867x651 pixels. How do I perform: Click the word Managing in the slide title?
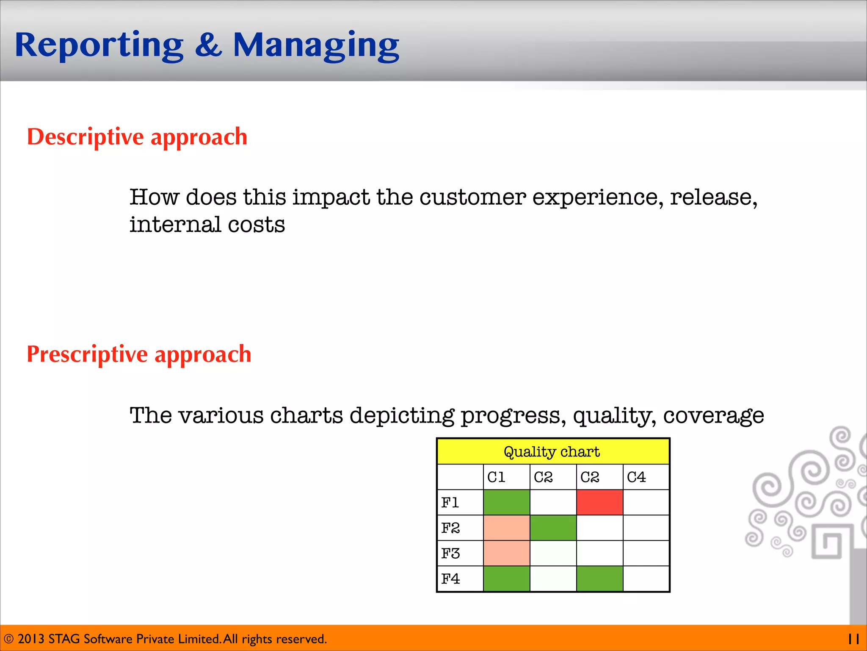pos(316,46)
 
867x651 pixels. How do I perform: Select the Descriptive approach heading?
pos(137,137)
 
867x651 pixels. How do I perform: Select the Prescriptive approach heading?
pos(139,354)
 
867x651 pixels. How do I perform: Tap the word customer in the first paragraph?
pos(472,198)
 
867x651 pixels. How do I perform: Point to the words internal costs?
pos(207,225)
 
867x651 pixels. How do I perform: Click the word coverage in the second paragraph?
pos(713,415)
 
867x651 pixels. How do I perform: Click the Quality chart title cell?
pos(552,452)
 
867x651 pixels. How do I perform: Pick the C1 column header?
pos(497,477)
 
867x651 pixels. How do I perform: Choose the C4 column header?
pos(636,477)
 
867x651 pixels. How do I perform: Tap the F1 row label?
pos(450,503)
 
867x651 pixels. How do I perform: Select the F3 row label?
pos(450,554)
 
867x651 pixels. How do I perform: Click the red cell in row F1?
pos(599,503)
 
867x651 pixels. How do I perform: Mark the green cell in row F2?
pos(553,528)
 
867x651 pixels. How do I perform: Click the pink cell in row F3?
pos(506,554)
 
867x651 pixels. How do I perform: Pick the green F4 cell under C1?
pos(506,579)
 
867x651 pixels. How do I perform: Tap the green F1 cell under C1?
pos(506,503)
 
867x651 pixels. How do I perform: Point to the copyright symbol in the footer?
pos(8,639)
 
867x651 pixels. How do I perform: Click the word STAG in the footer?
pos(64,639)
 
